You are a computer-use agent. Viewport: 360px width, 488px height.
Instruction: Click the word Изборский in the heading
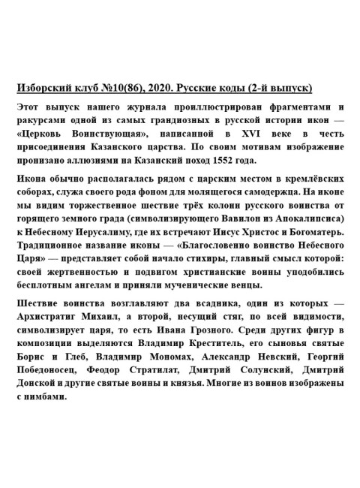coord(43,88)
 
